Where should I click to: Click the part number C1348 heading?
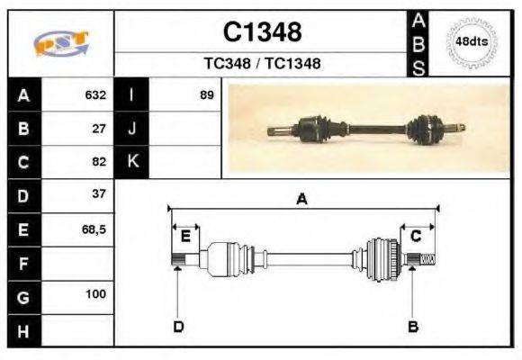[x=262, y=31]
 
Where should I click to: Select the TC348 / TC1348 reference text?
[x=262, y=64]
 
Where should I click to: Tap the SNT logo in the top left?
[x=60, y=42]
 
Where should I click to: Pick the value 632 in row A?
[x=95, y=94]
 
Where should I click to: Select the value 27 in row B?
[x=99, y=128]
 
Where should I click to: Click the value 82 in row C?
[x=99, y=162]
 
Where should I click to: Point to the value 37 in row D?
[x=99, y=194]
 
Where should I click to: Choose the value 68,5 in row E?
[x=94, y=229]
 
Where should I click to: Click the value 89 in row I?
[x=206, y=94]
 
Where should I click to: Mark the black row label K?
[x=131, y=162]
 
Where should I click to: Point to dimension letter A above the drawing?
[x=302, y=199]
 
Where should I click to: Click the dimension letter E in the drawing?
[x=185, y=237]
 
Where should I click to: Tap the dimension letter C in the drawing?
[x=417, y=237]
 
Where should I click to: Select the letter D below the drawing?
[x=178, y=326]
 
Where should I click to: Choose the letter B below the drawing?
[x=413, y=326]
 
